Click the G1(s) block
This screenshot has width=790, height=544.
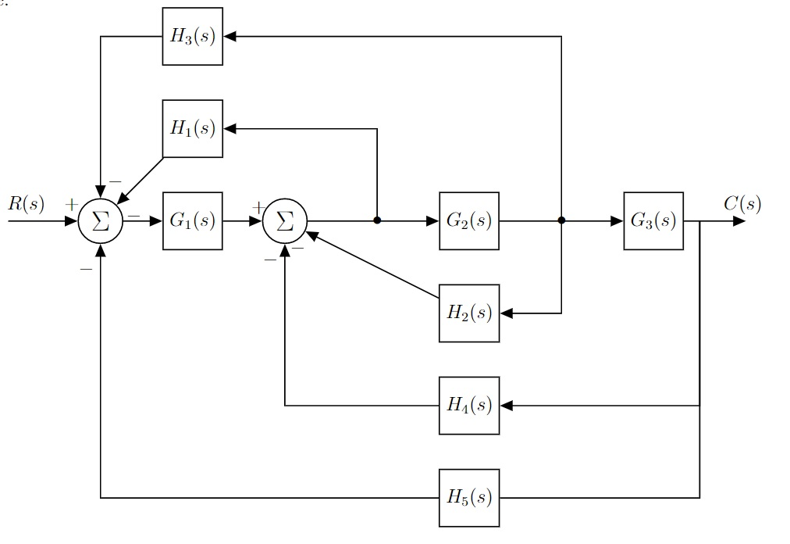[x=192, y=221]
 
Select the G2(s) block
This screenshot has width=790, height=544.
[x=468, y=221]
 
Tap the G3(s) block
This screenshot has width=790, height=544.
[x=653, y=221]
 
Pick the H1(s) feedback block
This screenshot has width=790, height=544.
[x=192, y=129]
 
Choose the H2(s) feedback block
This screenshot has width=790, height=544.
[x=468, y=313]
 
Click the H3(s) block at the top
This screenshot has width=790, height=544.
[x=192, y=37]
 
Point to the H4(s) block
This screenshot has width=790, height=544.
[x=468, y=406]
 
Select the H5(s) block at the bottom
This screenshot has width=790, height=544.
[x=468, y=498]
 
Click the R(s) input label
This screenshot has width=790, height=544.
[x=26, y=205]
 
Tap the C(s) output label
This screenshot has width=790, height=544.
[x=742, y=205]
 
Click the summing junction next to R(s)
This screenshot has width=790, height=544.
[x=101, y=221]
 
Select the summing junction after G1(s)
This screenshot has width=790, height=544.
[x=285, y=221]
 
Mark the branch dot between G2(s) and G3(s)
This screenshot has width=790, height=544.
[x=561, y=221]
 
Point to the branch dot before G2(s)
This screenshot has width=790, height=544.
[x=377, y=221]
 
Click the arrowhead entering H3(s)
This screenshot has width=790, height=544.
[x=230, y=37]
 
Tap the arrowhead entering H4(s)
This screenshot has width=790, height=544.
[x=506, y=406]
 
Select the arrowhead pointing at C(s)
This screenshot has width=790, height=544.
[x=738, y=221]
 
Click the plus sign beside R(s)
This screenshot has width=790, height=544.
[x=72, y=205]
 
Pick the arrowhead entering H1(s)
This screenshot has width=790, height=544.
[x=230, y=129]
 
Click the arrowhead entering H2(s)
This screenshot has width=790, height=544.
[x=506, y=313]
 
